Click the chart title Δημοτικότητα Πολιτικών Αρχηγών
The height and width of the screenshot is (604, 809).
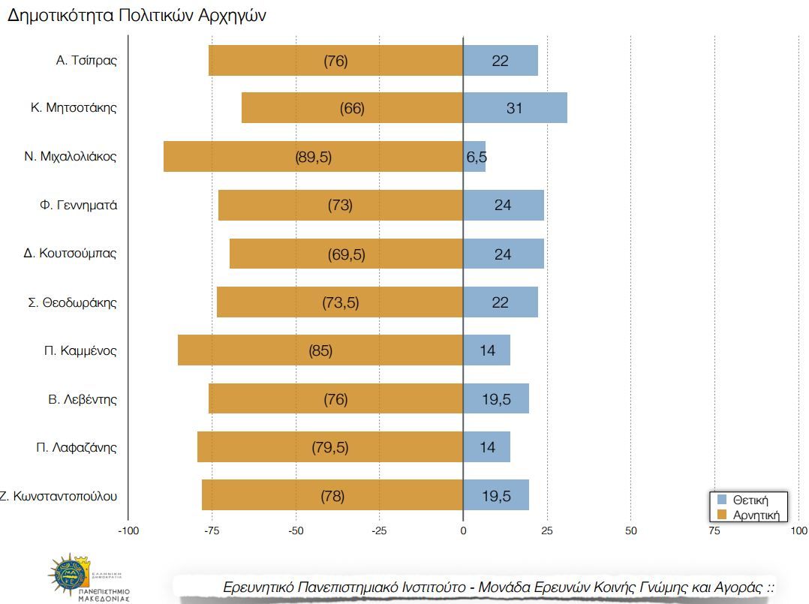[x=137, y=17]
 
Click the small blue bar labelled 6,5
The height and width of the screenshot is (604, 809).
[x=474, y=157]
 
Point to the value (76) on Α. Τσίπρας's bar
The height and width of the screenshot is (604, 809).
[x=335, y=61]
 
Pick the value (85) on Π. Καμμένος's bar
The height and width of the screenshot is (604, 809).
[x=320, y=350]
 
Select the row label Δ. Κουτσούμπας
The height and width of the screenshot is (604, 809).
[x=71, y=253]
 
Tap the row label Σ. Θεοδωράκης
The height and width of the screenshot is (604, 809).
[x=72, y=302]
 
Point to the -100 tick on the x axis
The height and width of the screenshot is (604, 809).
[x=129, y=531]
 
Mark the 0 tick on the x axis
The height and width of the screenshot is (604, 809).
[x=463, y=531]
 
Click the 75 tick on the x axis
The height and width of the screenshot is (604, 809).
[x=714, y=531]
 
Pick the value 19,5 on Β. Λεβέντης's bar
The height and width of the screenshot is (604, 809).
[x=496, y=399]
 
